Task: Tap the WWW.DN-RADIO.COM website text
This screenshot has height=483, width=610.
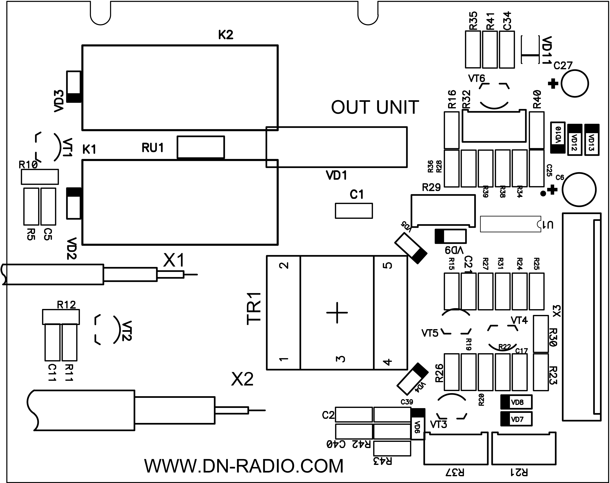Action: (244, 466)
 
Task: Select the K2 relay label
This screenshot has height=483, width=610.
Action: (226, 35)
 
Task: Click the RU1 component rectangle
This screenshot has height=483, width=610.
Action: (201, 147)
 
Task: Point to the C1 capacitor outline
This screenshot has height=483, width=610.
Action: (354, 211)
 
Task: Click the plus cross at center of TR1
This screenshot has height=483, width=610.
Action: (337, 313)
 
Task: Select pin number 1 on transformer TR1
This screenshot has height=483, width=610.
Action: (284, 359)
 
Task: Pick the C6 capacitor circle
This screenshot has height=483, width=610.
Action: (579, 190)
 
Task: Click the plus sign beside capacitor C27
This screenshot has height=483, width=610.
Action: (553, 84)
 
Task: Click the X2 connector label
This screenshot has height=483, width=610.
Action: (242, 379)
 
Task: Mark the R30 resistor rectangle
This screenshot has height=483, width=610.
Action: (541, 334)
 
